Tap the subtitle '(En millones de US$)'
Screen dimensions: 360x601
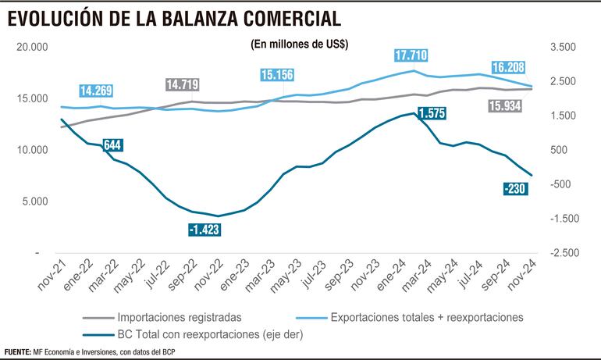click(300, 45)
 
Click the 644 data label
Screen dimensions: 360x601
click(115, 144)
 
